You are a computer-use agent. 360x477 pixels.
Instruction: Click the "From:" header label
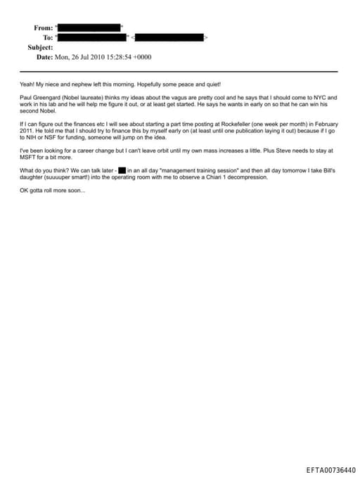[43, 27]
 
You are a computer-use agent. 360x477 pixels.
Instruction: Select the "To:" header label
[48, 37]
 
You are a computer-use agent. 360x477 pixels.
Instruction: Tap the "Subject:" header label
[40, 47]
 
